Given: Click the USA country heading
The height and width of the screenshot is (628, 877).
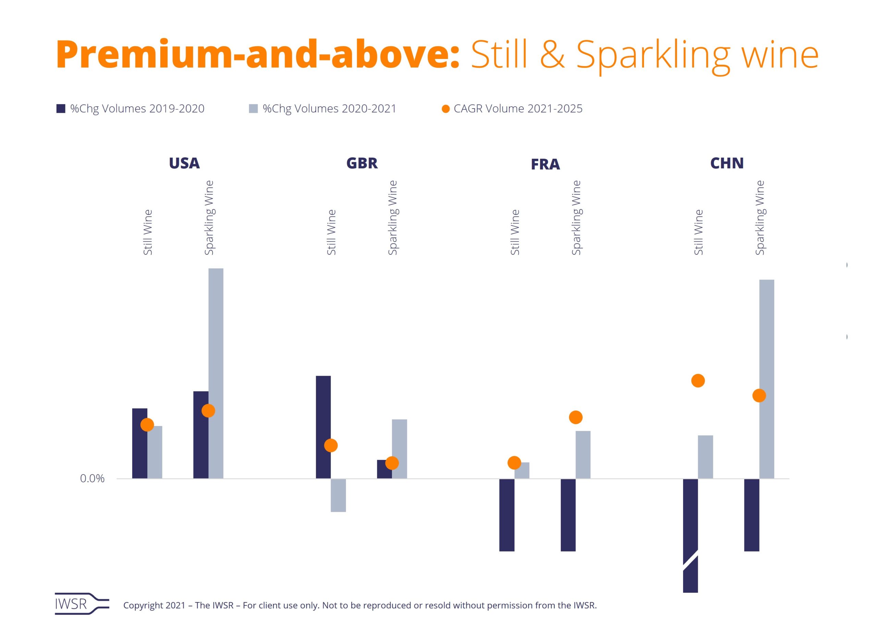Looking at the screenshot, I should click(184, 163).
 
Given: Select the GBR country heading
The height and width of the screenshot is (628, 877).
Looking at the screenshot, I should click(362, 163).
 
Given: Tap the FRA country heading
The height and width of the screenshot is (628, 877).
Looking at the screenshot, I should click(545, 164).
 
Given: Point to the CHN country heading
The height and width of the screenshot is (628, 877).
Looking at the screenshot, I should click(727, 163).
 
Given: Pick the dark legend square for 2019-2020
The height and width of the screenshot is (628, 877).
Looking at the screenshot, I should click(61, 109).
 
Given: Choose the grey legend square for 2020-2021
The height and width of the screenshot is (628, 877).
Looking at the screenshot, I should click(253, 109).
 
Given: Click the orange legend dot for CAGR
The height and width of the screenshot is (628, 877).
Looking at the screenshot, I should click(445, 109).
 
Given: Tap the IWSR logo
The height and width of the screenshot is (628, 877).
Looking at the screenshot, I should click(82, 604).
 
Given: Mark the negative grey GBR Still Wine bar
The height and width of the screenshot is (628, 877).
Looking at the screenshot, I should click(338, 495).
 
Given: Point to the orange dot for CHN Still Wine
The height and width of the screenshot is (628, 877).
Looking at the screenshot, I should click(698, 381).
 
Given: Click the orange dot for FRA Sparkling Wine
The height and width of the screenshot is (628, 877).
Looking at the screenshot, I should click(576, 417).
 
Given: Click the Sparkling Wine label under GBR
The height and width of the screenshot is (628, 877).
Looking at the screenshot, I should click(393, 218).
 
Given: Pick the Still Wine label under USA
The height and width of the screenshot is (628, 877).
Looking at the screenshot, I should click(148, 232).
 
